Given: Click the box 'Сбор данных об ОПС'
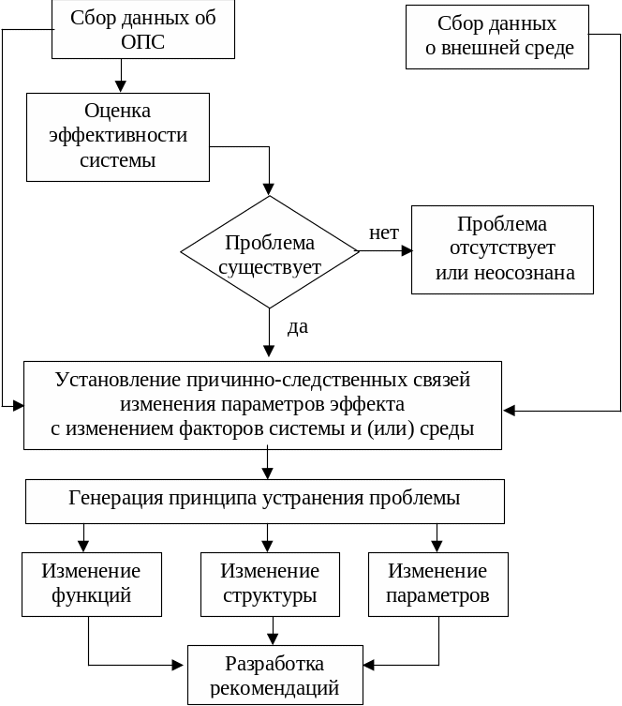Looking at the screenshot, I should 142,30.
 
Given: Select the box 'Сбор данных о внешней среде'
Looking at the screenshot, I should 497,36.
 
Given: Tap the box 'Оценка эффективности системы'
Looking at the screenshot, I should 117,136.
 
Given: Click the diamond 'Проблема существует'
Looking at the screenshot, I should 270,252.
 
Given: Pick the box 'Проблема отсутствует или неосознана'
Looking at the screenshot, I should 503,249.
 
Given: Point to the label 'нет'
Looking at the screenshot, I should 383,233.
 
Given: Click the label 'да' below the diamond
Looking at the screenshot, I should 297,327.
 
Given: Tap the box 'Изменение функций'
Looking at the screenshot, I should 91,583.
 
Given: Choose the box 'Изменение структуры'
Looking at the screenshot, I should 270,583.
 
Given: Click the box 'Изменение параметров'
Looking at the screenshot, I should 437,583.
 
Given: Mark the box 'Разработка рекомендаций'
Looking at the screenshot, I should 274,675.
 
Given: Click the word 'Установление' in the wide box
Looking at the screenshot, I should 117,381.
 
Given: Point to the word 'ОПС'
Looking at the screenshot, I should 142,43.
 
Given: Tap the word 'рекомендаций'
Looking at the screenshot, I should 274,688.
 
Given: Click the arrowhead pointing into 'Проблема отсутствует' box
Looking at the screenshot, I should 407,250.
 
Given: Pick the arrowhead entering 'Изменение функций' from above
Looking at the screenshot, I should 83,546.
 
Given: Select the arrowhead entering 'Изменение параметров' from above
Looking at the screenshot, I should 436,546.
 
